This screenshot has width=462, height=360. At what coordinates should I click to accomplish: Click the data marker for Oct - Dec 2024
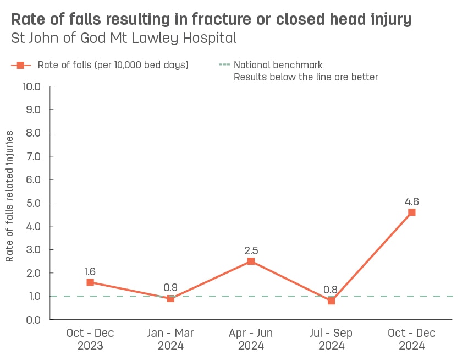411,212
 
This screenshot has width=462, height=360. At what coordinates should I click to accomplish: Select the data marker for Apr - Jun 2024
251,261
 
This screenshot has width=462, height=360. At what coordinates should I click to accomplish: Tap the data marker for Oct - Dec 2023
90,282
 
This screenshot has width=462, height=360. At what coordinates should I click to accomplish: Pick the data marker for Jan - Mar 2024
170,298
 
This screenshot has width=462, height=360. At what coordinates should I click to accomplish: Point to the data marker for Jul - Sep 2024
331,301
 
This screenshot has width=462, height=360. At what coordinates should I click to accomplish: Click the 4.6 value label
411,201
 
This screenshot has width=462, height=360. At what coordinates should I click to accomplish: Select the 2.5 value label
251,250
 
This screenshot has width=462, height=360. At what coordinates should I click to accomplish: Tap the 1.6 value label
90,271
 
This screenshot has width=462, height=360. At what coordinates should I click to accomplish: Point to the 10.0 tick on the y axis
30,86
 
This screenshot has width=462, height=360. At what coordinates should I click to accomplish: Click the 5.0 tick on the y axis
32,203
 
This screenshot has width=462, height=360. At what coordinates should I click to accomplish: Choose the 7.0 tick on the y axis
32,156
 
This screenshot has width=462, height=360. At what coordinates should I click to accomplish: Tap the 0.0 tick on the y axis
32,319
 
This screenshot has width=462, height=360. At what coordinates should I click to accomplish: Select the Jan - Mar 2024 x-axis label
170,340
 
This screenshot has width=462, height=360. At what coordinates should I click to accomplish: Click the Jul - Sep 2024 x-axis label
331,340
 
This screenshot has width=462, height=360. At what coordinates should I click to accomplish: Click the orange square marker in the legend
20,65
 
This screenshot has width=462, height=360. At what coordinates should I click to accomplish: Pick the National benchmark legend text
278,65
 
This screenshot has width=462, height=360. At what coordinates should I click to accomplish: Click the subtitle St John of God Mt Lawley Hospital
124,39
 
